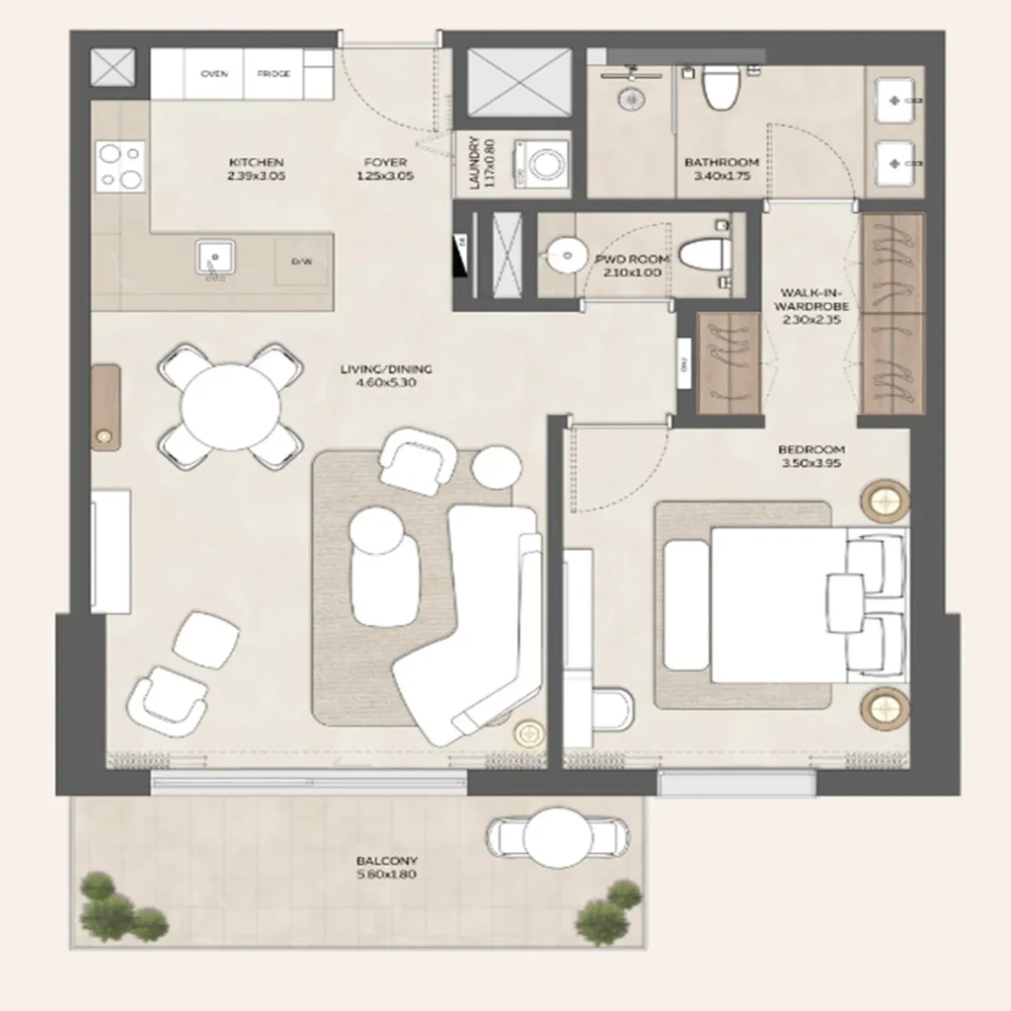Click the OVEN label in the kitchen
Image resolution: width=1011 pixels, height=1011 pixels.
pos(214,74)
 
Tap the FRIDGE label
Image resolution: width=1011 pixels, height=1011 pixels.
pos(273,74)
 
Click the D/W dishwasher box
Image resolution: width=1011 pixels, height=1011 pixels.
pos(301,263)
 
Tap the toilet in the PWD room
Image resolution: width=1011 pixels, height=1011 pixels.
pos(707,254)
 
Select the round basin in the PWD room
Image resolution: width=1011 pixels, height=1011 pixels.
pos(565,255)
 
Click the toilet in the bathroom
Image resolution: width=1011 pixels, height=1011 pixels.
pos(721,87)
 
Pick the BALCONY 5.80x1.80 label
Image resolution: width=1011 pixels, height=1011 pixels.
pos(387,867)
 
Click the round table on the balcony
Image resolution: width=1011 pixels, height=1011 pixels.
pos(558,838)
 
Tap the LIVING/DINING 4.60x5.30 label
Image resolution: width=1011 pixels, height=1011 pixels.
pos(386,376)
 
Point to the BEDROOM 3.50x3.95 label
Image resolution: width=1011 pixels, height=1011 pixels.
pos(812,456)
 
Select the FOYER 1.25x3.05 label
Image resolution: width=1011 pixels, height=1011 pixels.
pos(384,169)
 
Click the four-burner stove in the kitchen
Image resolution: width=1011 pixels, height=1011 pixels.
pos(120,167)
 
